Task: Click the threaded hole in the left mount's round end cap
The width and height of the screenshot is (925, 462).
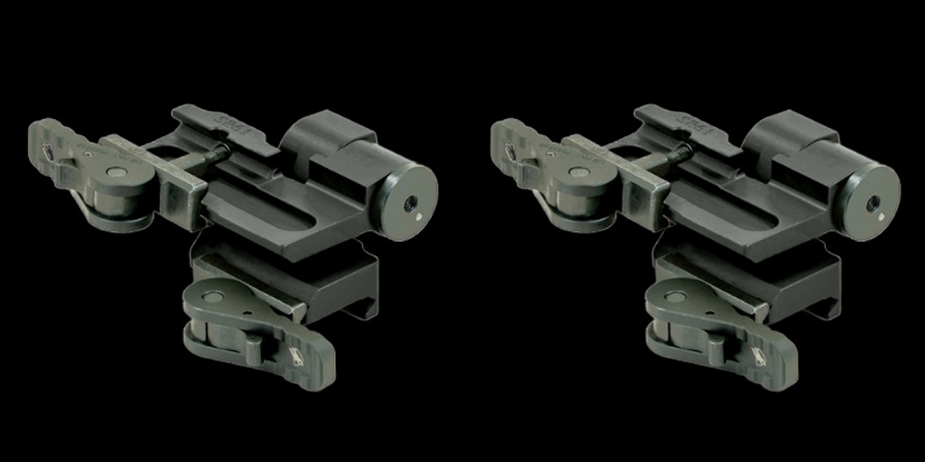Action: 409,202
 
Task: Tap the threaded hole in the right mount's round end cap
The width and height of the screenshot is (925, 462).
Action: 872,202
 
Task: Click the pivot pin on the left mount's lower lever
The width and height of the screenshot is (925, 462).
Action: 210,296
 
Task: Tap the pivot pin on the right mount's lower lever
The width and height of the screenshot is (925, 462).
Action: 672,296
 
